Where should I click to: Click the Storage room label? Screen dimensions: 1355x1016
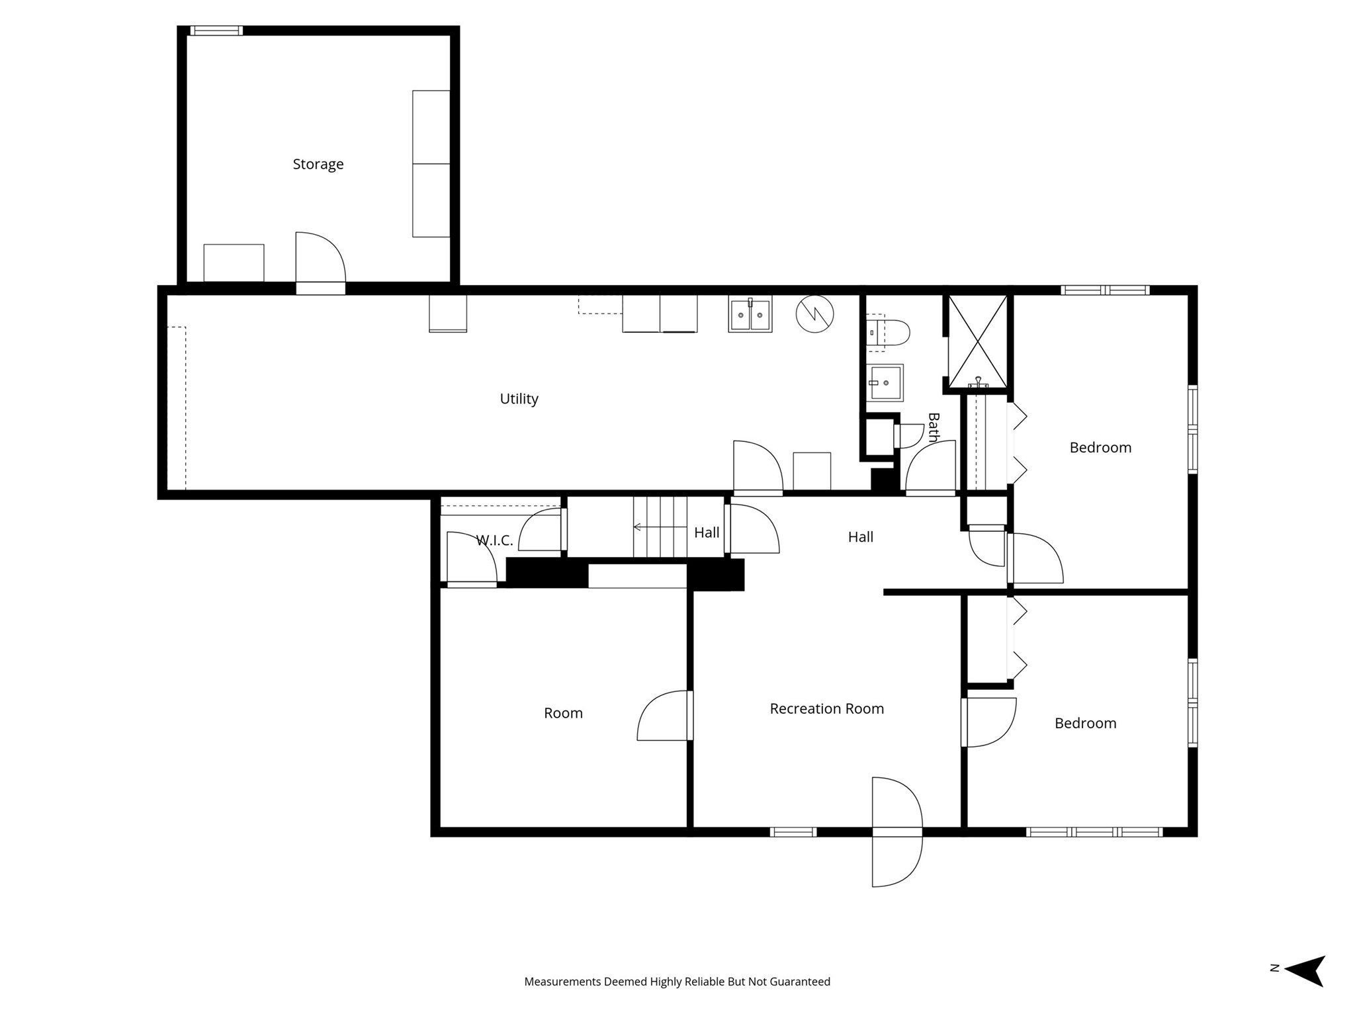(318, 164)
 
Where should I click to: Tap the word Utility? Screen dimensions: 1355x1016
(519, 399)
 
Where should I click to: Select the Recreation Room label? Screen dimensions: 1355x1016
(827, 708)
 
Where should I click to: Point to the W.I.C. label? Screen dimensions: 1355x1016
(494, 540)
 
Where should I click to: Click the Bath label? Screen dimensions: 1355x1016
(934, 427)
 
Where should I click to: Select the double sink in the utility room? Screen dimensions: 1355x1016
(750, 314)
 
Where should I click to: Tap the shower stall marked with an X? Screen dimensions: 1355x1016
(978, 341)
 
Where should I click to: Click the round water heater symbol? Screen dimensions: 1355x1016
(814, 314)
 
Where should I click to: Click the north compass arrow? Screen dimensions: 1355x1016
(1304, 971)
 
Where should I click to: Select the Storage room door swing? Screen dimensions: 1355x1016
(320, 258)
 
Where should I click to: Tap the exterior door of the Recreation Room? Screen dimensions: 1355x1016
(897, 832)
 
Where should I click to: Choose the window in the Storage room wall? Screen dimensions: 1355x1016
(216, 30)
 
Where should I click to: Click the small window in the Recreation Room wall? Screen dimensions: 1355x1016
(793, 832)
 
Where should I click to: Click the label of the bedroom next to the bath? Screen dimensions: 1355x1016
(1100, 448)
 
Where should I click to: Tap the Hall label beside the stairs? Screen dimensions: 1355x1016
(707, 532)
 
